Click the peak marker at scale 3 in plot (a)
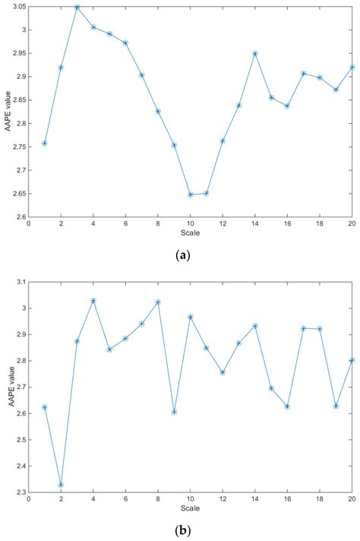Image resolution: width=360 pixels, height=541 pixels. pyautogui.click(x=77, y=7)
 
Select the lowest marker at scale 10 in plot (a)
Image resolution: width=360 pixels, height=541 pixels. pyautogui.click(x=190, y=195)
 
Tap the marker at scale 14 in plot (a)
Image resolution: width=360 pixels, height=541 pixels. pyautogui.click(x=254, y=53)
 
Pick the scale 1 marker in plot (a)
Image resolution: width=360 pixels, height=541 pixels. pyautogui.click(x=44, y=143)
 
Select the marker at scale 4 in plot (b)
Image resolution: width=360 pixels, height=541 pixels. pyautogui.click(x=93, y=301)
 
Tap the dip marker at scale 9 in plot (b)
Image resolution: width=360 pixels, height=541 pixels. pyautogui.click(x=174, y=412)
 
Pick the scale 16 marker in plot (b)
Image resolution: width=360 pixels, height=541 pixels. pyautogui.click(x=287, y=407)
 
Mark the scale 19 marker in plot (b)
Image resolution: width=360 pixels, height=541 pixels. pyautogui.click(x=336, y=406)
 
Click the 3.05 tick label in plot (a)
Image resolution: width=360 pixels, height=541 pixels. pyautogui.click(x=17, y=7)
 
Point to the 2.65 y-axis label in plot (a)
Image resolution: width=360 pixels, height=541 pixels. pyautogui.click(x=17, y=194)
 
